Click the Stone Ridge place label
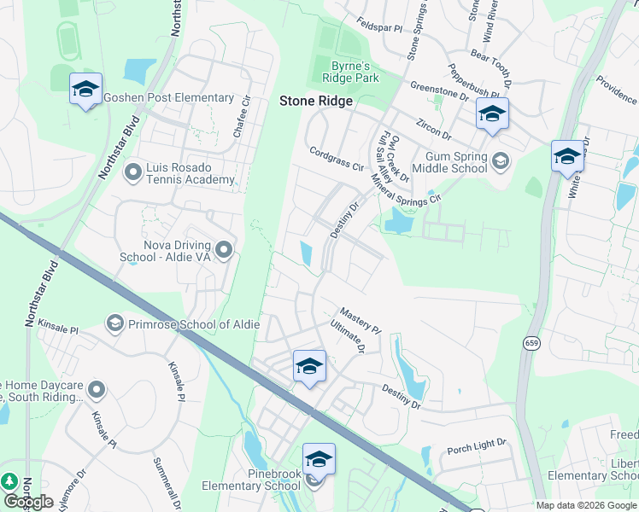coord(315,101)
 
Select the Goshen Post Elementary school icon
coord(85,90)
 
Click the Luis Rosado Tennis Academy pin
coord(132,173)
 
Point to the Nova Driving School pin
coord(224,249)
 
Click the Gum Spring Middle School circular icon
coord(500,160)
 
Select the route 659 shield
coord(531,343)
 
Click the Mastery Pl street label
coord(360,320)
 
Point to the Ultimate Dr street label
coord(349,338)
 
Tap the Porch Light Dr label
coord(477,445)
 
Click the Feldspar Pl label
coord(379,27)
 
